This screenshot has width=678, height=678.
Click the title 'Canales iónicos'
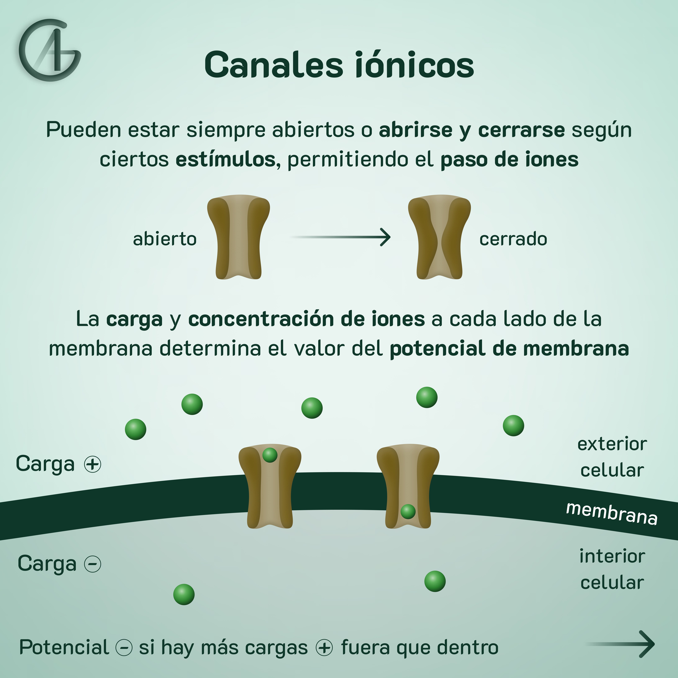point(339,65)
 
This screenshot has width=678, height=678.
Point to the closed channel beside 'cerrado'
point(439,237)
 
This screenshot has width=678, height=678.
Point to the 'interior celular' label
point(612,569)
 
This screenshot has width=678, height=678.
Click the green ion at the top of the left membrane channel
point(270,455)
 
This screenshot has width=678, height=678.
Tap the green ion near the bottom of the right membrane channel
point(408,511)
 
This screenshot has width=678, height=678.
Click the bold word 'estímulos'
point(225,160)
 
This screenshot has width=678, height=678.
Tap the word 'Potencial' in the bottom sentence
point(64,647)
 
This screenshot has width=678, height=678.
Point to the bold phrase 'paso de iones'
point(509,160)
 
